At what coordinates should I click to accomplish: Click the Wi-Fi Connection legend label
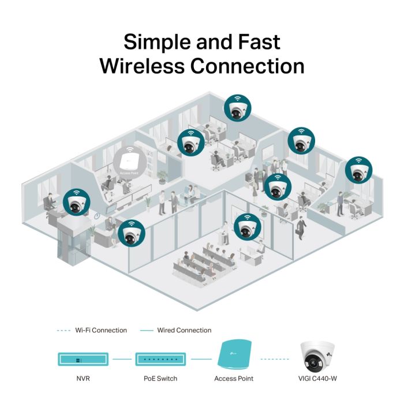(x=100, y=330)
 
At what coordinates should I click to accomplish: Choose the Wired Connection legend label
(x=184, y=330)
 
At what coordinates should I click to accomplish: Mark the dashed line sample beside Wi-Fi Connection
(x=63, y=330)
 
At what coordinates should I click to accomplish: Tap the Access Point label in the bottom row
(x=234, y=379)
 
